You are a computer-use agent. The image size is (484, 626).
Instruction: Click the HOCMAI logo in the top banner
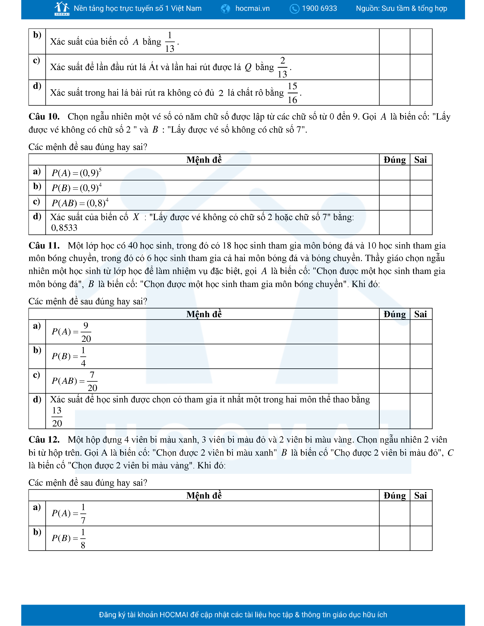pos(62,9)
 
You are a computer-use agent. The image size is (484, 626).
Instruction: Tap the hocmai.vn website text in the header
pos(252,9)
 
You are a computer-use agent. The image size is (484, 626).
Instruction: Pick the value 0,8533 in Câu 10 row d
pos(64,228)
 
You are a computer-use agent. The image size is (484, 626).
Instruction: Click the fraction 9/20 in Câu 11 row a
pos(86,332)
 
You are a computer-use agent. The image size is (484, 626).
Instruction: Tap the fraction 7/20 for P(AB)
pos(92,381)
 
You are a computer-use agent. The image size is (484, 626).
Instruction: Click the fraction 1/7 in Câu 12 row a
pos(83,513)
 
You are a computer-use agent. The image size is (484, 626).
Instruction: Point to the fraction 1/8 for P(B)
pos(83,538)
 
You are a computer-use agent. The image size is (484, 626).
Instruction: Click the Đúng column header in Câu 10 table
pos(395,160)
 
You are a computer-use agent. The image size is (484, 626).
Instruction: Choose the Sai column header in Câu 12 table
pos(421,495)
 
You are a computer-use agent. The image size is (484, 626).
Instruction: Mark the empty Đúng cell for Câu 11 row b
pos(395,356)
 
